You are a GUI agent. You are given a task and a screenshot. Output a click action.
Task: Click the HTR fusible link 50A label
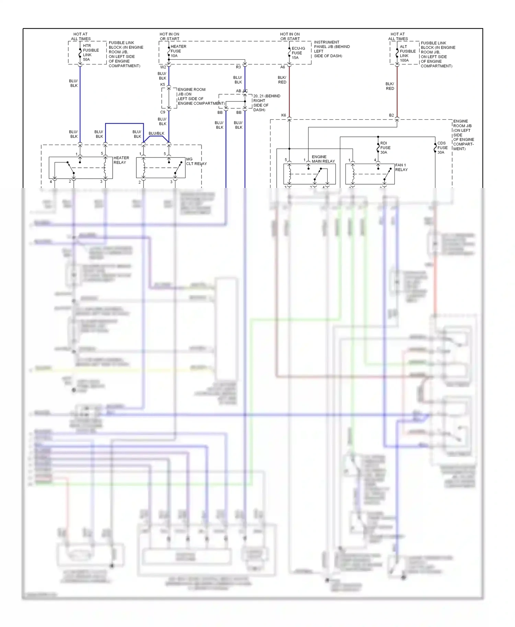(x=90, y=52)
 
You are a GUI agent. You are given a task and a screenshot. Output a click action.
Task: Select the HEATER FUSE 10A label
(x=178, y=51)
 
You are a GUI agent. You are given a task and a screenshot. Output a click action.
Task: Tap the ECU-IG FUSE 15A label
(x=298, y=53)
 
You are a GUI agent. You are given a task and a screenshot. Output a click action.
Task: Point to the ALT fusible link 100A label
(x=407, y=54)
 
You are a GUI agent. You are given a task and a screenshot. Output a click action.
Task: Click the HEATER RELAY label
(x=121, y=160)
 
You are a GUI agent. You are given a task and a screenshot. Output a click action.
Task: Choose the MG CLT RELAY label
(x=196, y=162)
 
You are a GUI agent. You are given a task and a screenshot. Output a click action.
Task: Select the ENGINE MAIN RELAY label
(x=323, y=159)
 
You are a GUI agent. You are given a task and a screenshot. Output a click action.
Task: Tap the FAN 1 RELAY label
(x=401, y=167)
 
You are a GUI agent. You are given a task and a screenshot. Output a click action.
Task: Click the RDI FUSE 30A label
(x=385, y=148)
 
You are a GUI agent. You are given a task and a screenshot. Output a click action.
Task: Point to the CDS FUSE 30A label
(x=442, y=148)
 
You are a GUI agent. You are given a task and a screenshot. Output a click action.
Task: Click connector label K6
(x=284, y=115)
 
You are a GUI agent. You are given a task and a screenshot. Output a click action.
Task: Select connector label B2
(x=391, y=115)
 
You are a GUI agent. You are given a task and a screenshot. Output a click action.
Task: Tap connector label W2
(x=163, y=67)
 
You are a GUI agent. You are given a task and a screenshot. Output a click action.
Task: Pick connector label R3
(x=238, y=67)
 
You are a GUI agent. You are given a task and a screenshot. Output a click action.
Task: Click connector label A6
(x=283, y=67)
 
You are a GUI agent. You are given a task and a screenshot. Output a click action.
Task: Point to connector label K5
(x=163, y=85)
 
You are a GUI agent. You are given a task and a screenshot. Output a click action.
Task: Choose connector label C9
(x=163, y=112)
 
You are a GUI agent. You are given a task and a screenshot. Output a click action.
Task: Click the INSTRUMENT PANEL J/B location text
(x=331, y=49)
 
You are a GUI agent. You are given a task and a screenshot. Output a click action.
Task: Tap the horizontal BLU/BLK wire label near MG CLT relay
(x=156, y=133)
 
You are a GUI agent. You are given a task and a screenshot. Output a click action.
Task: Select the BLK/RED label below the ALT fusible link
(x=390, y=86)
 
